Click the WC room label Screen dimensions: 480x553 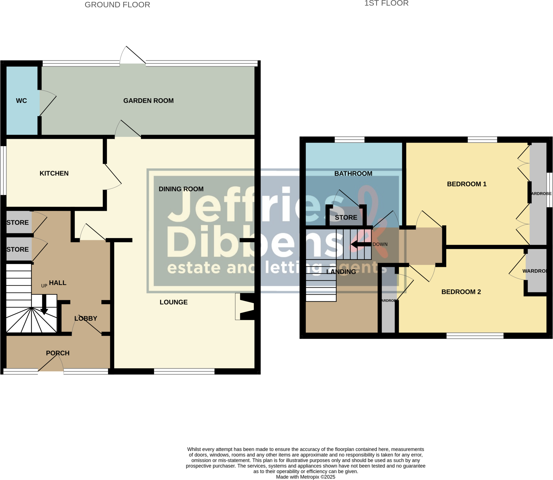pos(21,101)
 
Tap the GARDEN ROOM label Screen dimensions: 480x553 pos(148,101)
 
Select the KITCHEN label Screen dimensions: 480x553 pos(54,173)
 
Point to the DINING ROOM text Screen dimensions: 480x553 pos(181,189)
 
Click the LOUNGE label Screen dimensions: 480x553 pos(173,302)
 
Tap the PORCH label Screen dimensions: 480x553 pos(58,353)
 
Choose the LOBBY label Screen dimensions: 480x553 pos(86,318)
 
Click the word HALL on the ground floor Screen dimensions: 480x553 pos(58,283)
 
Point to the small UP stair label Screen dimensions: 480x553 pos(44,286)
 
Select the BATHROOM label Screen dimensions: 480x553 pos(353,174)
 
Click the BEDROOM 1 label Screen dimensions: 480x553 pos(467,184)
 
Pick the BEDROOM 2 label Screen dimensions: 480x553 pos(461,292)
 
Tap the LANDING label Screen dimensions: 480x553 pos(341,272)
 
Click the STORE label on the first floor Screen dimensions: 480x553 pos(346,217)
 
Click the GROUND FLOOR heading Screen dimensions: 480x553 pos(117,5)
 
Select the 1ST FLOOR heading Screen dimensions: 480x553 pos(386,3)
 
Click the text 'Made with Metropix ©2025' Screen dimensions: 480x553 pos(305,477)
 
